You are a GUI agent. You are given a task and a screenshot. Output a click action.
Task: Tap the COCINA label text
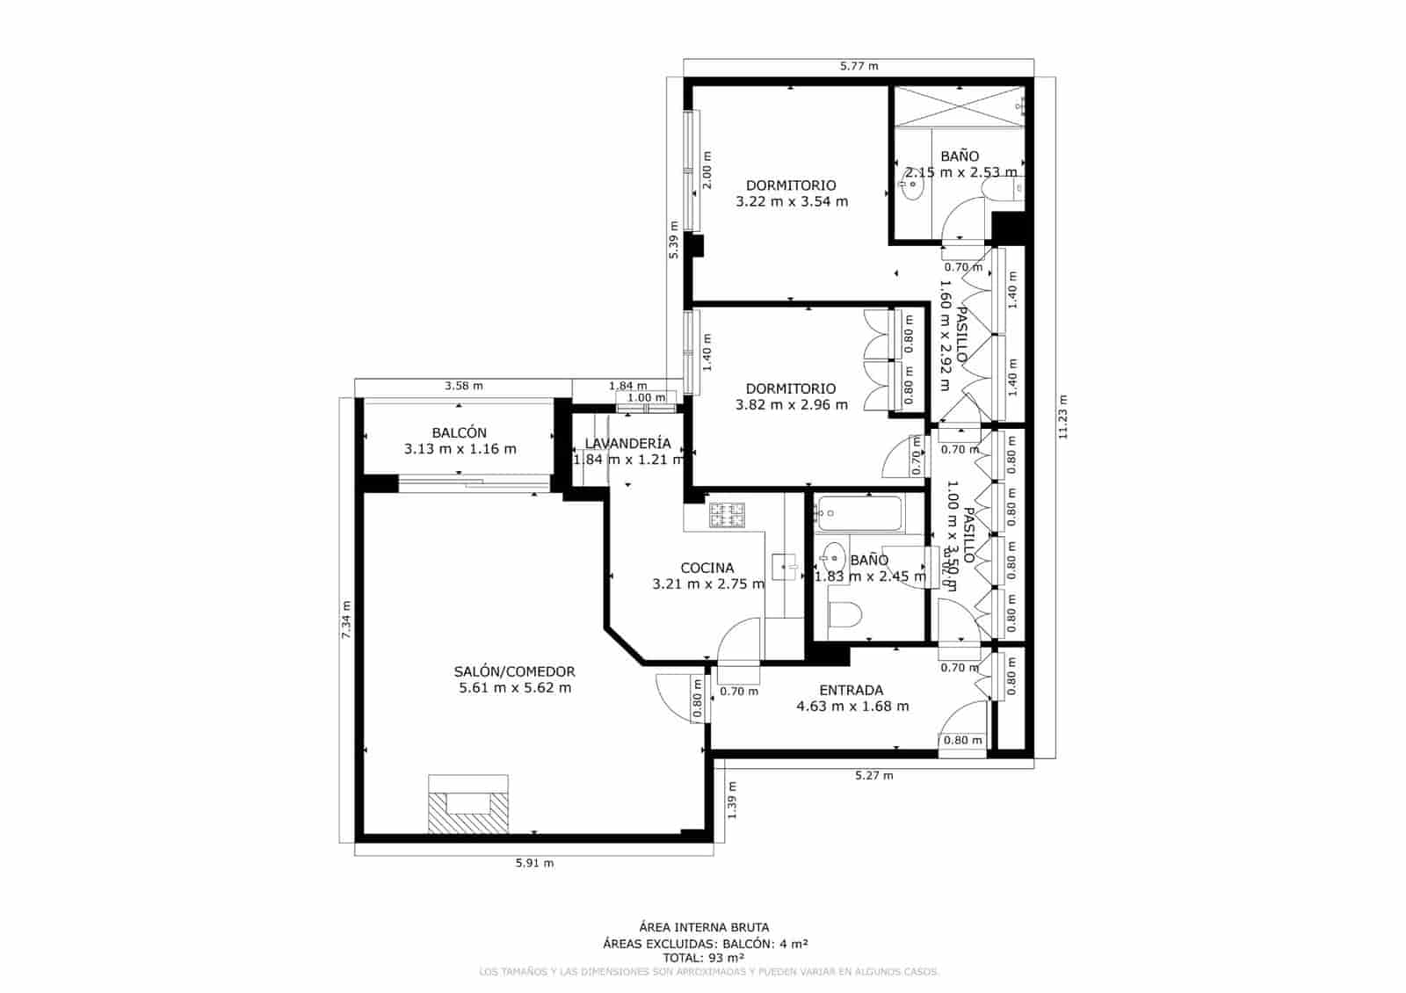(707, 568)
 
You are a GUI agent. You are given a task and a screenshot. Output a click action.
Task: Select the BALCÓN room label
(459, 432)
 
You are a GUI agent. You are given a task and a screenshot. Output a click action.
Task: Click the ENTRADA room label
(851, 690)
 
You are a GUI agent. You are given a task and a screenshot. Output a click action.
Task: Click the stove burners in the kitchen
(727, 514)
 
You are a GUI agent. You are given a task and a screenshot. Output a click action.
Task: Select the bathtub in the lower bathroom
(858, 512)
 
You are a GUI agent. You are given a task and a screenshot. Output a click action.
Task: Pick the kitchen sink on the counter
(784, 567)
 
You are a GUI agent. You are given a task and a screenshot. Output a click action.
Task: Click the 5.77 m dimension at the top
(859, 66)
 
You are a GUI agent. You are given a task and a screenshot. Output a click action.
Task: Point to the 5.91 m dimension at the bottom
(534, 863)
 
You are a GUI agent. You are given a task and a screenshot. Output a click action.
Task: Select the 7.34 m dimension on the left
(346, 620)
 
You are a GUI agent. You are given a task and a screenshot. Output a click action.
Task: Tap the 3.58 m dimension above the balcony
(463, 385)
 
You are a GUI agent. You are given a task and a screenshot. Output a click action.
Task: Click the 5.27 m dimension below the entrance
(873, 775)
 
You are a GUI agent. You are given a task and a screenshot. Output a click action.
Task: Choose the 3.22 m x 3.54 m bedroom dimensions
(791, 201)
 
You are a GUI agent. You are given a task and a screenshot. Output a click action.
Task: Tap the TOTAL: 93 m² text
(704, 957)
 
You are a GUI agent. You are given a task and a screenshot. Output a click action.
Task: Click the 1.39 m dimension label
(732, 801)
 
